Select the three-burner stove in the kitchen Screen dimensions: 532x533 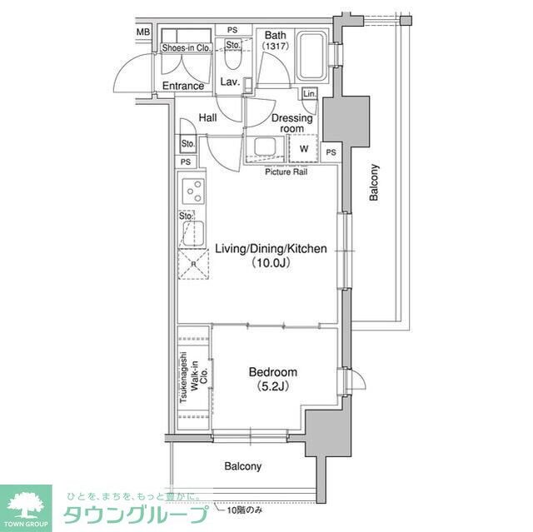tap(194, 192)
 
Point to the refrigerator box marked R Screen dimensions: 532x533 tap(194, 265)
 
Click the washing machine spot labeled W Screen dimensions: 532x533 tap(303, 149)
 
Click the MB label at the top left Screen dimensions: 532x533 tap(143, 32)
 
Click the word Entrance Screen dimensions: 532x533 tap(183, 86)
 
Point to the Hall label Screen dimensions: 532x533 tap(207, 119)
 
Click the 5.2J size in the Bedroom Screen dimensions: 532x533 tap(271, 387)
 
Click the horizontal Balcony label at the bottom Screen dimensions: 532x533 tap(242, 466)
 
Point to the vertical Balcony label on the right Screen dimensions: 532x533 tap(374, 181)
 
